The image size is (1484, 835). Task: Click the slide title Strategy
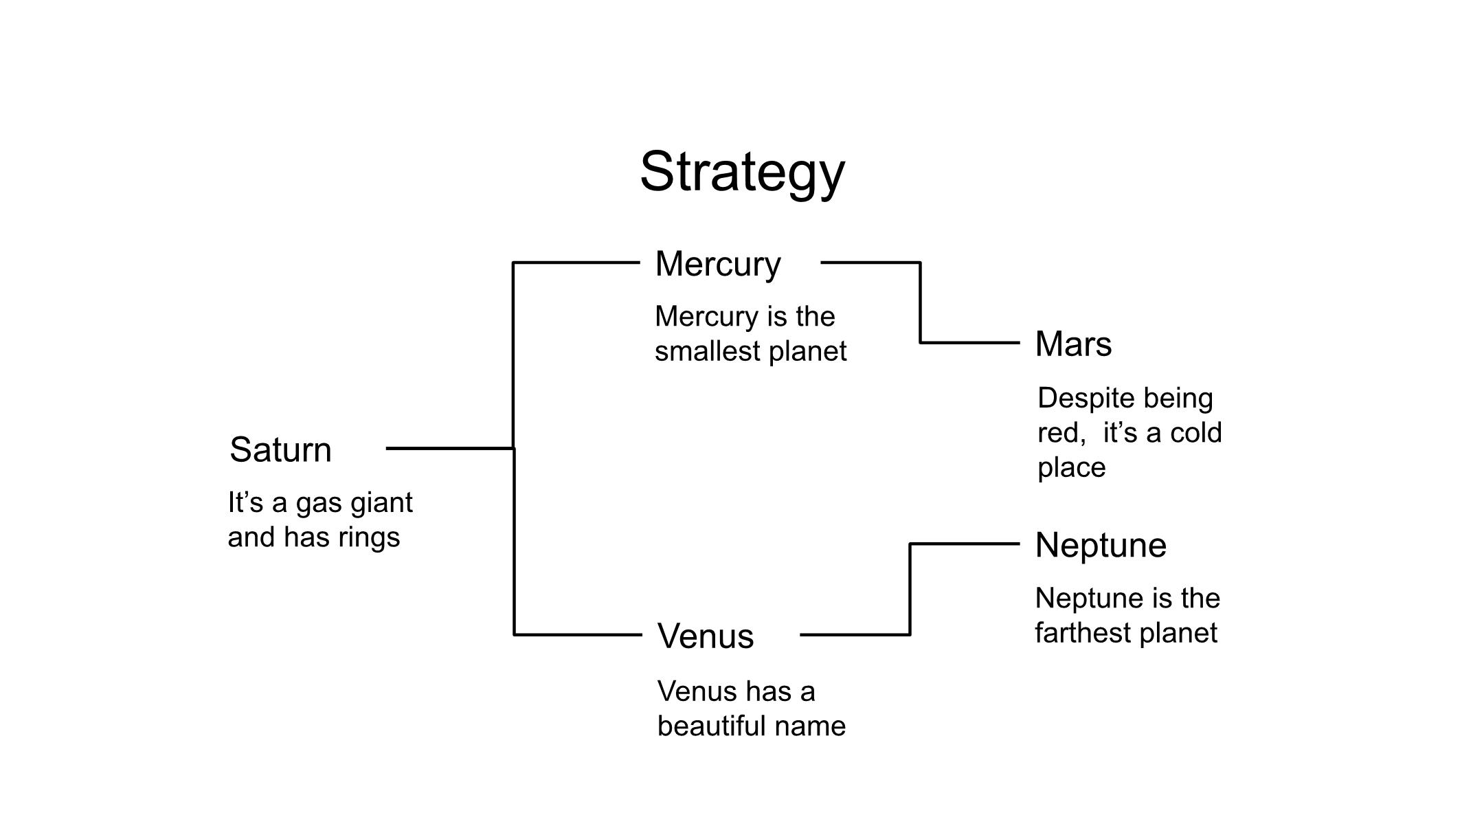tap(742, 172)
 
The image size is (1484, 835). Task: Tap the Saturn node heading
tap(280, 450)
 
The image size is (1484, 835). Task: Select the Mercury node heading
tap(718, 264)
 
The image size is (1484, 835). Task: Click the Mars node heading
tap(1073, 344)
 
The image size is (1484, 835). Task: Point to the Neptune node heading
tap(1101, 546)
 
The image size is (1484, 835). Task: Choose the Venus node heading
tap(706, 636)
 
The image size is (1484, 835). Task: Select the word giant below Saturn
tap(381, 503)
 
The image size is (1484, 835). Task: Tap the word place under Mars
tap(1071, 468)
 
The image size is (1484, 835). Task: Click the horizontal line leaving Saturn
tap(450, 448)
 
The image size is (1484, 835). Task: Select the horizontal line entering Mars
tap(970, 342)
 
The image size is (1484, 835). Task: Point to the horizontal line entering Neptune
tap(965, 544)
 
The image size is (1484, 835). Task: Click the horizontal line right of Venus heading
tap(855, 634)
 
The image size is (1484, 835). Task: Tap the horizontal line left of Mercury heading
tap(576, 263)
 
